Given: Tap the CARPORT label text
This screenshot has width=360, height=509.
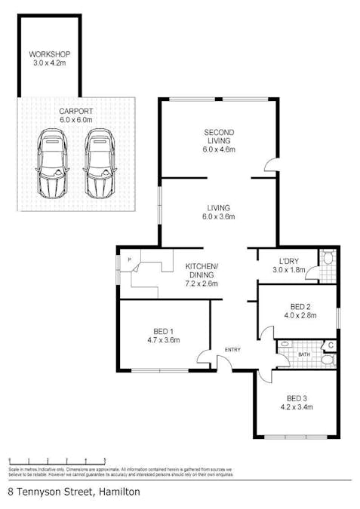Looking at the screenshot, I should coord(75,111).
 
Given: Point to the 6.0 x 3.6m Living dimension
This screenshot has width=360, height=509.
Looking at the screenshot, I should coord(220,217).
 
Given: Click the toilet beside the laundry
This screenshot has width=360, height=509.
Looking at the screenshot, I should coord(327,259).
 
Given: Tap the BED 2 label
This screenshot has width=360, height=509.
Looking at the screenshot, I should coord(300,307).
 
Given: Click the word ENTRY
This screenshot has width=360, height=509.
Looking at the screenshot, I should coord(232,349).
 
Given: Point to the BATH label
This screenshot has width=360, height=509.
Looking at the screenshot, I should coord(303,353).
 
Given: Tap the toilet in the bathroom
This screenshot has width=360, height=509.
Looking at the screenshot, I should coord(327,361).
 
